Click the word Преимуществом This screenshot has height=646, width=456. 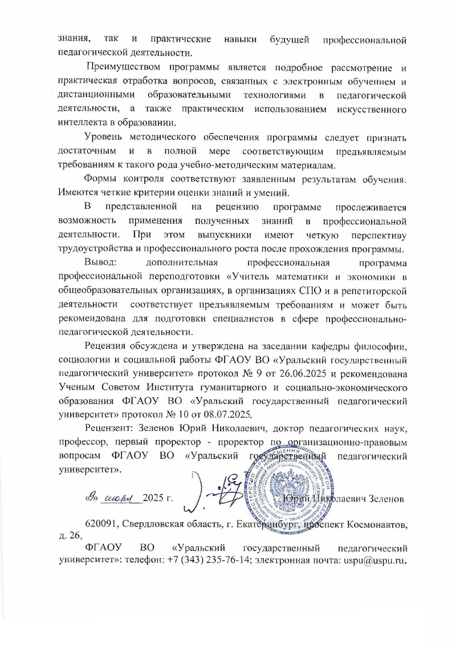[x=121, y=70]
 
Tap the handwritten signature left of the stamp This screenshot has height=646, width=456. [x=219, y=491]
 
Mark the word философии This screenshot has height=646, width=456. [x=382, y=346]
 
